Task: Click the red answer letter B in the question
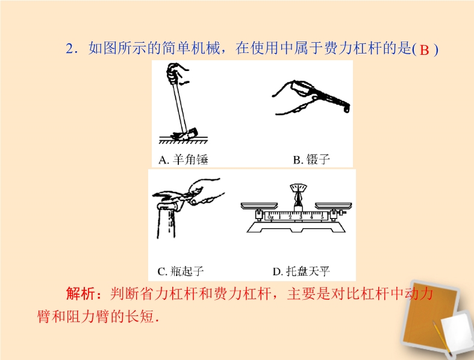(424, 50)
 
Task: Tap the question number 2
(69, 48)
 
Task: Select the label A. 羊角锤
(183, 160)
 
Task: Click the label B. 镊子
(311, 160)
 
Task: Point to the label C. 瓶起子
(181, 271)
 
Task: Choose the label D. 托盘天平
(301, 271)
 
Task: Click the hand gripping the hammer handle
(177, 73)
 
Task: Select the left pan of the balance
(259, 205)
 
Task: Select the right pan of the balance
(334, 205)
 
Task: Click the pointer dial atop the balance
(298, 188)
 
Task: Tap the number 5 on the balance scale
(322, 217)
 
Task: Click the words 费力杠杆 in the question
(353, 48)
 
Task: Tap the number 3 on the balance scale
(301, 217)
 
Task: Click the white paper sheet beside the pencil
(457, 332)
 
